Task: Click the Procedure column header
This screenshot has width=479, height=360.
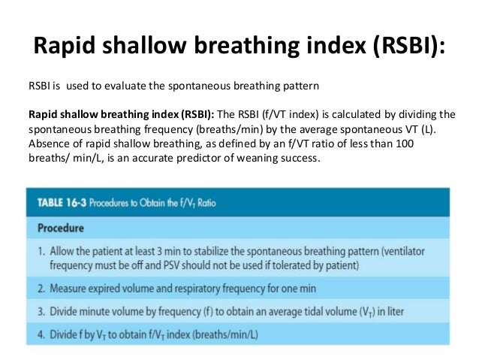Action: click(x=62, y=227)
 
